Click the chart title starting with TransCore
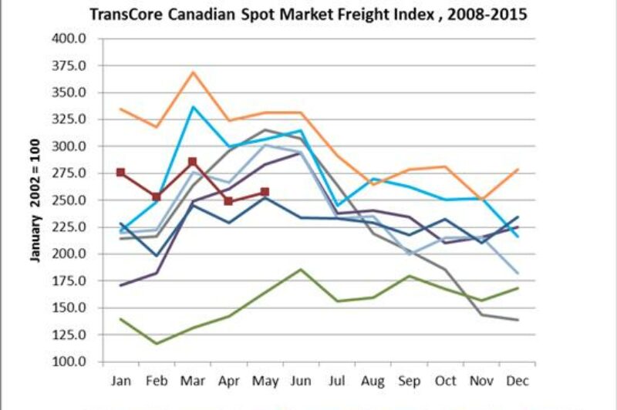[308, 15]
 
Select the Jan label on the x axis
[120, 380]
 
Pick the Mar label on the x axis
[193, 380]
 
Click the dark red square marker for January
[120, 173]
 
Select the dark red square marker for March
[193, 162]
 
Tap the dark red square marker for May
[265, 192]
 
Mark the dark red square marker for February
[157, 197]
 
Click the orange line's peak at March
[193, 72]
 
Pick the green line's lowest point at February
[157, 344]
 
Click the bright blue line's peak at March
[193, 106]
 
